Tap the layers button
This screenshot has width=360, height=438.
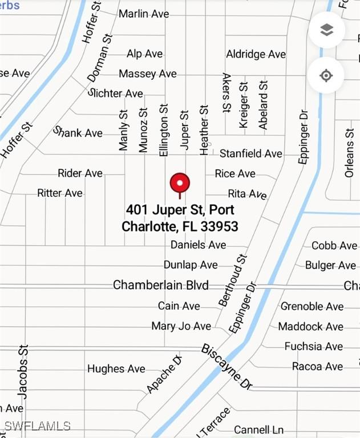coord(326,30)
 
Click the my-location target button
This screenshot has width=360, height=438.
coord(326,75)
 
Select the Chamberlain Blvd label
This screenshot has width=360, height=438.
coord(161,285)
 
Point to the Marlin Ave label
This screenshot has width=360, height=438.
coord(144,13)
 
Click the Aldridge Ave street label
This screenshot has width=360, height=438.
coord(256,54)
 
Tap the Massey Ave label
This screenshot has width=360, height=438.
coord(148,74)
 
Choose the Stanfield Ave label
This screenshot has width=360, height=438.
coord(251,153)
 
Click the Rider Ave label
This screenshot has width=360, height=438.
coord(80,173)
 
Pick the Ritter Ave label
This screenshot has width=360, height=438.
coord(60,193)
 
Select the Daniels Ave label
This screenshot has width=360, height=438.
coord(199,245)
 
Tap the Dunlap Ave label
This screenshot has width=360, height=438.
coord(191,265)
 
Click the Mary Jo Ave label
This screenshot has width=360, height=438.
coord(181,326)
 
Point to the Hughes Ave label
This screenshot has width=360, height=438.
coord(116,369)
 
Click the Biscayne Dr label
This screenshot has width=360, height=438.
coord(226,367)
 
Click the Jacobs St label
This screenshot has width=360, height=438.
coord(23,371)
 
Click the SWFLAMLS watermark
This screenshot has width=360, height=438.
coord(37,426)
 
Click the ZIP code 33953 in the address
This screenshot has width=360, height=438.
coord(219,226)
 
